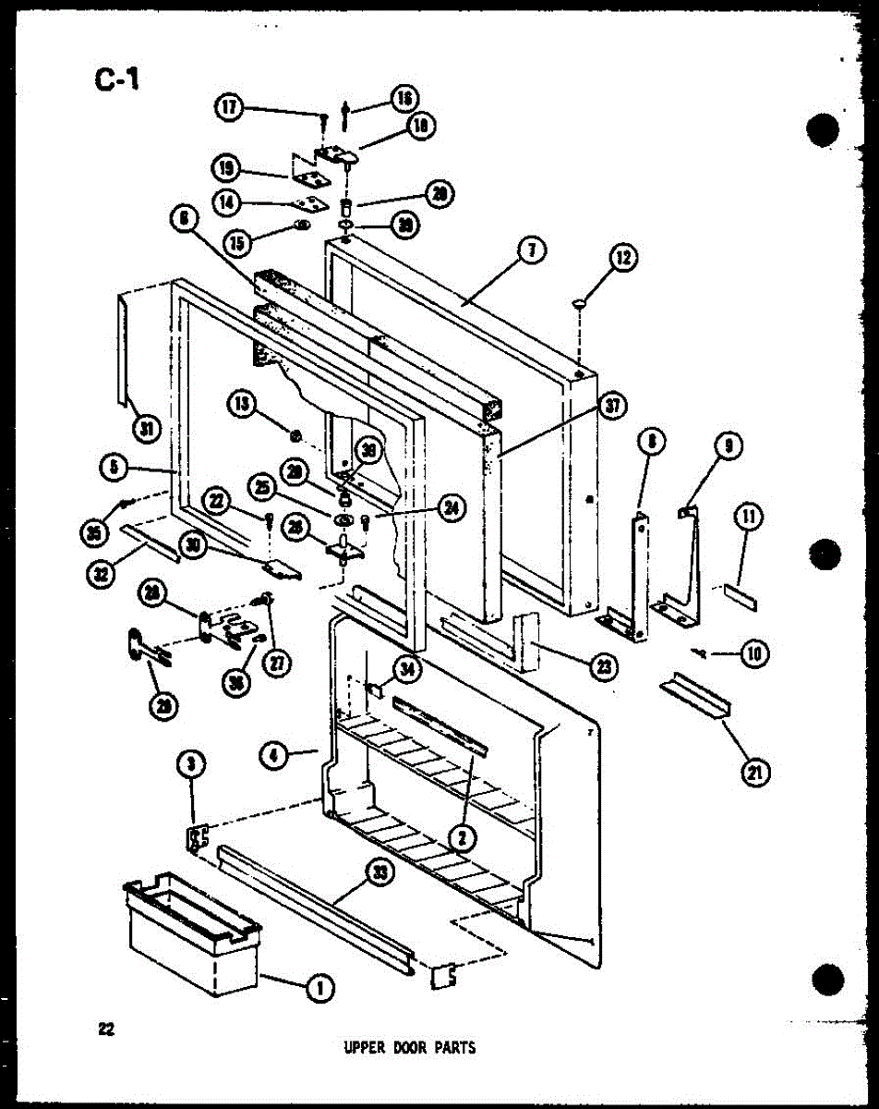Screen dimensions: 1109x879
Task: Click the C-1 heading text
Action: coord(116,80)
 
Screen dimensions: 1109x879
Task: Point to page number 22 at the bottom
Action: coord(107,1030)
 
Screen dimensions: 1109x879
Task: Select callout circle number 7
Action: coord(532,250)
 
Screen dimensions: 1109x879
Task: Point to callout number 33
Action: coord(377,871)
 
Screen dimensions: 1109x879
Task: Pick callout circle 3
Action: coord(191,766)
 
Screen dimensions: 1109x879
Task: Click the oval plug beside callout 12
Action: coord(580,300)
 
